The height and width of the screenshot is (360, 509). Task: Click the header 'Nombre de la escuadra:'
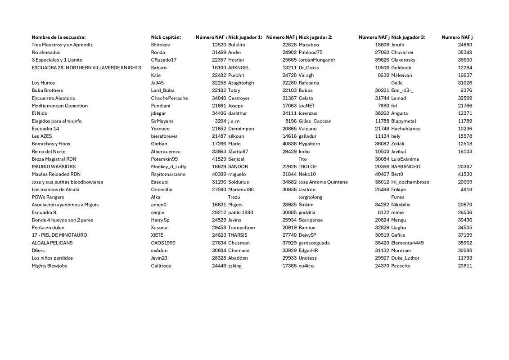[x=59, y=37]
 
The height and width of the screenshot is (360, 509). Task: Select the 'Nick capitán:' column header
[x=166, y=37]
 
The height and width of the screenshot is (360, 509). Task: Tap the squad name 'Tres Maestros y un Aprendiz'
[x=62, y=45]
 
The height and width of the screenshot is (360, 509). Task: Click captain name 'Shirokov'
[x=160, y=45]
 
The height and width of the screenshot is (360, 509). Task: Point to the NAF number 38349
[x=465, y=53]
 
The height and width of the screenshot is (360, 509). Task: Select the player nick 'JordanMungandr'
[x=317, y=60]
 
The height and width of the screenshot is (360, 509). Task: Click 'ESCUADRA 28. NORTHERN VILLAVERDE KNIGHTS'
[x=86, y=68]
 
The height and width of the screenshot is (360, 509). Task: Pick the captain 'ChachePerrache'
[x=169, y=98]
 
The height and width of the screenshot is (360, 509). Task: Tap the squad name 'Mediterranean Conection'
[x=59, y=106]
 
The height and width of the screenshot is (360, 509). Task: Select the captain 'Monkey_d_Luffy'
[x=168, y=166]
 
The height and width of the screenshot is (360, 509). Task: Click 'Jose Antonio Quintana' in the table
[x=323, y=182]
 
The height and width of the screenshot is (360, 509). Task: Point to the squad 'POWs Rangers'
[x=48, y=197]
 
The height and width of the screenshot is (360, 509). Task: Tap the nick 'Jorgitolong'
[x=311, y=197]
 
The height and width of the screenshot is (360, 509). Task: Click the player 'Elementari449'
[x=407, y=243]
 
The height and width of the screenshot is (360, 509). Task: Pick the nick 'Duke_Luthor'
[x=405, y=258]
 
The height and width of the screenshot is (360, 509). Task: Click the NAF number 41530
[x=465, y=174]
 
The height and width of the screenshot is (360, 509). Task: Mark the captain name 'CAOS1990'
[x=163, y=243]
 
